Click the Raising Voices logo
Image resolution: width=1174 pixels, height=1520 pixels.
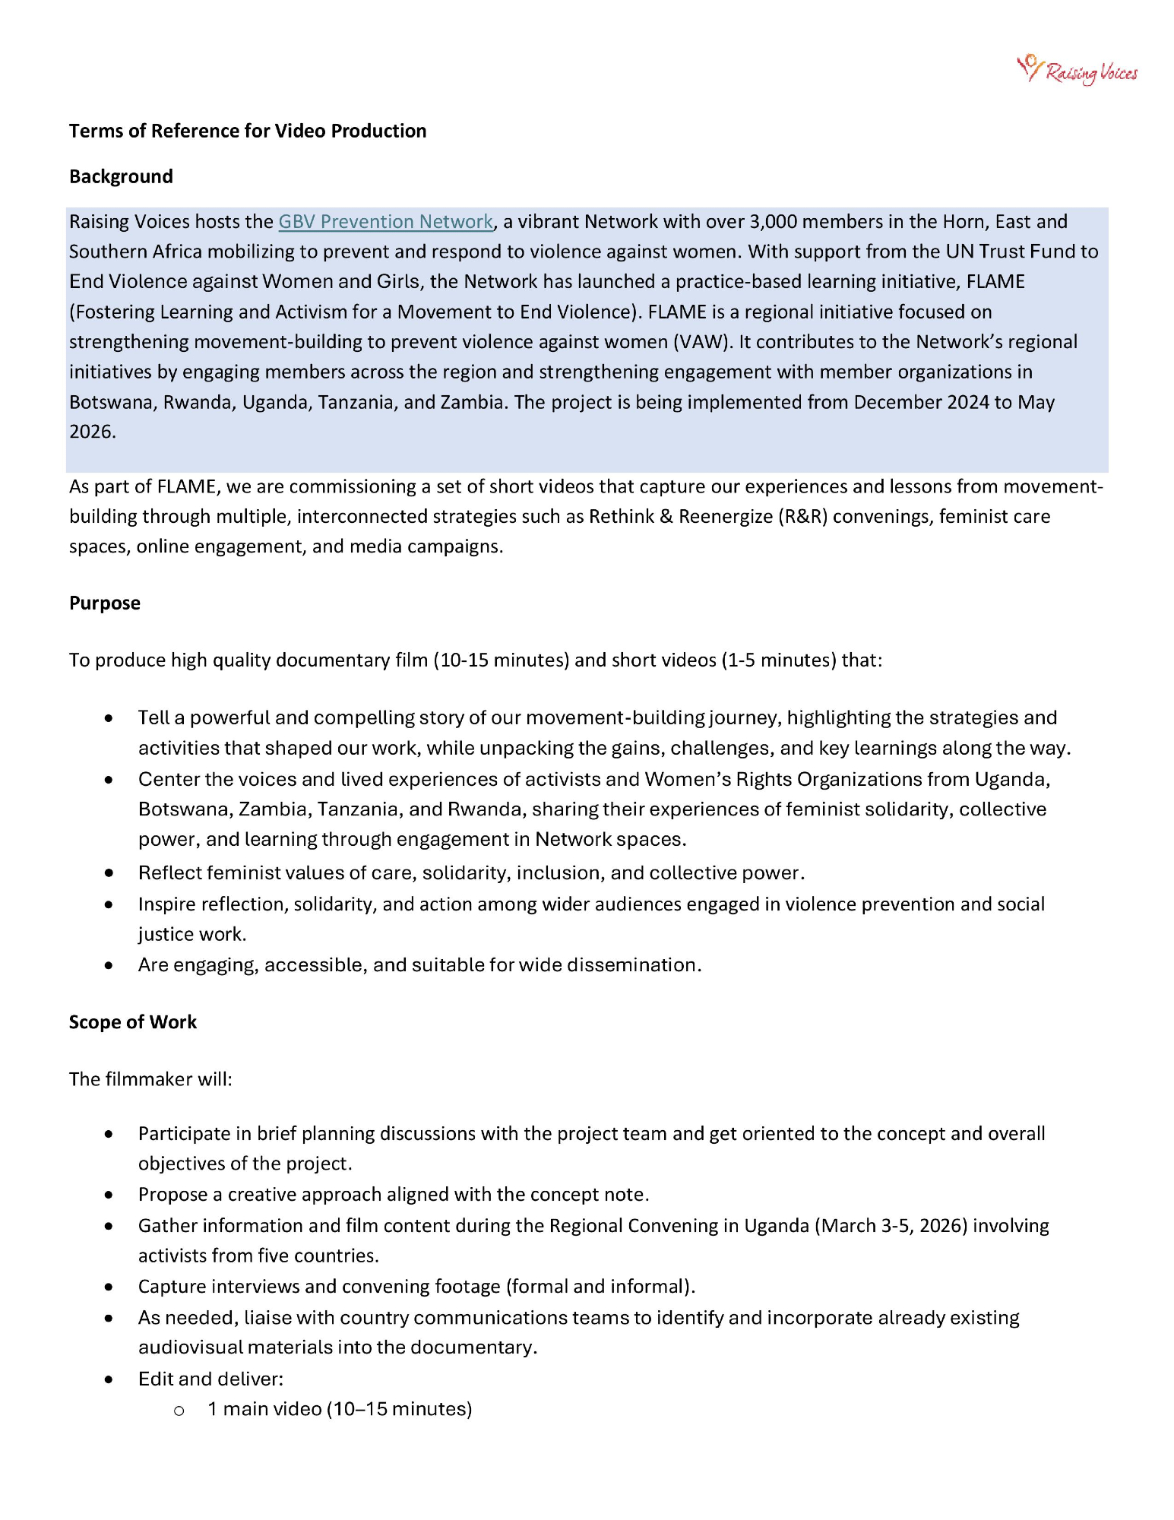[1077, 70]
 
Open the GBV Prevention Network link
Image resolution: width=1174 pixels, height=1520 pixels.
[385, 221]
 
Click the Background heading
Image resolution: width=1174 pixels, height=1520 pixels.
[121, 176]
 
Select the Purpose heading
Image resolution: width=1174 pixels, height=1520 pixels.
[105, 603]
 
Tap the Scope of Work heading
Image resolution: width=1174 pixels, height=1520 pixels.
[133, 1022]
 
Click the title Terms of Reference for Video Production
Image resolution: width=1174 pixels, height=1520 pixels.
[248, 131]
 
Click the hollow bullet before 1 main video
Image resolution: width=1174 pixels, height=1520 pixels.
[179, 1411]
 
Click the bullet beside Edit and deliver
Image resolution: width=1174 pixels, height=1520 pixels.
[109, 1379]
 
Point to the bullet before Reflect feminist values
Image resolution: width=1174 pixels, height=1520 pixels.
[109, 873]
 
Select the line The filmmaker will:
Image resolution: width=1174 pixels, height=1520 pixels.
[150, 1079]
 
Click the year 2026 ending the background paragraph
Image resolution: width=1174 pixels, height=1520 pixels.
[92, 432]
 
